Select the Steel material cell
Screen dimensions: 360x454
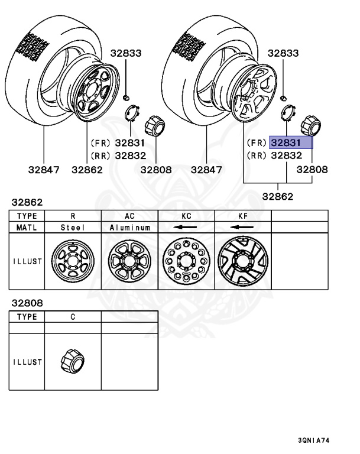73,227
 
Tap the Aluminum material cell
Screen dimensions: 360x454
129,227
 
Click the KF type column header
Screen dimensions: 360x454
242,216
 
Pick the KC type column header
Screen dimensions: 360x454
186,216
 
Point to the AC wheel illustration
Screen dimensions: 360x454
129,261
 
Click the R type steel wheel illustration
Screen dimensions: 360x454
73,261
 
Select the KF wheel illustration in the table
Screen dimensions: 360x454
242,261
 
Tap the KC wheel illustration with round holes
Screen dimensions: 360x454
186,261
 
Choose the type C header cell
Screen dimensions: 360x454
73,317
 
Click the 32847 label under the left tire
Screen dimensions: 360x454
43,170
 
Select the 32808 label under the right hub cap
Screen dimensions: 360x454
312,170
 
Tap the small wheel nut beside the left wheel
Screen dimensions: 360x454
127,96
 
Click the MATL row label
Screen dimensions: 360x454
27,227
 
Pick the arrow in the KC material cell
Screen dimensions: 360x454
186,227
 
